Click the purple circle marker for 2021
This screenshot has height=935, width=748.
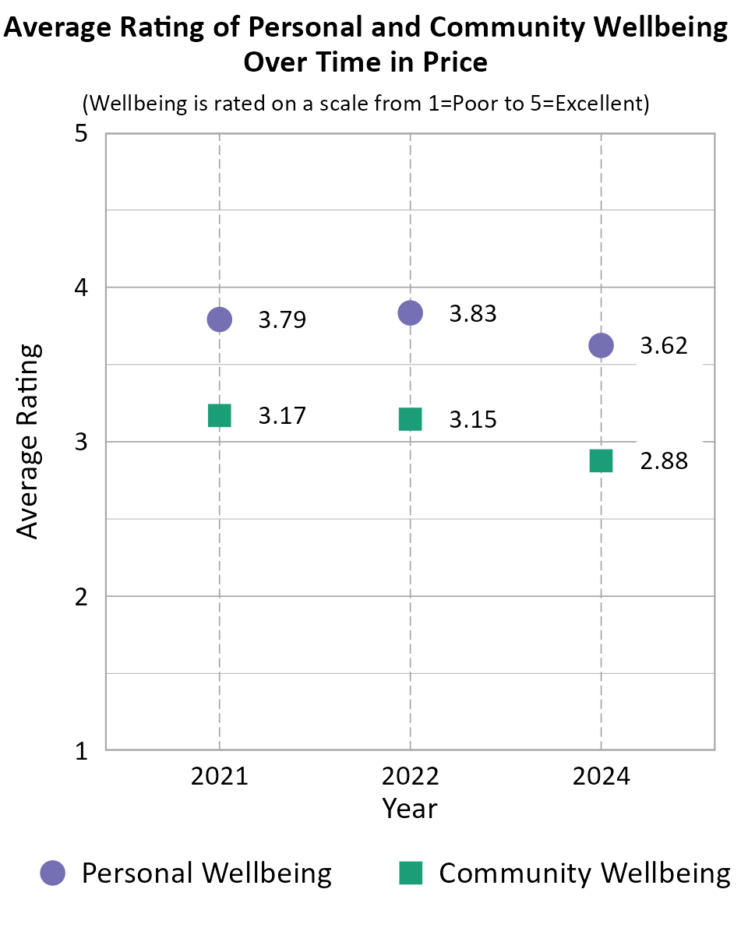(x=219, y=319)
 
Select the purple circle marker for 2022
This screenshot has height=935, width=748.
(x=410, y=312)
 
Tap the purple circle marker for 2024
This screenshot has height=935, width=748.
(x=601, y=345)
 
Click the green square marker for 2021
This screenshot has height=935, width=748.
(x=219, y=415)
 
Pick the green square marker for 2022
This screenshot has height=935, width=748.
(x=410, y=419)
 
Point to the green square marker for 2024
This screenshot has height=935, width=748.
(x=601, y=460)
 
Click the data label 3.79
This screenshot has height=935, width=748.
(x=282, y=320)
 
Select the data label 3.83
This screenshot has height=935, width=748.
(x=473, y=313)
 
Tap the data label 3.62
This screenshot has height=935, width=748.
(x=664, y=345)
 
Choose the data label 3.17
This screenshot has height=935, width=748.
(x=282, y=416)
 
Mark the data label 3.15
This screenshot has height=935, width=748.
(x=473, y=420)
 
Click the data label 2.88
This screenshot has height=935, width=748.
(x=664, y=461)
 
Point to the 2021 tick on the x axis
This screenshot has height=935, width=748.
(x=219, y=777)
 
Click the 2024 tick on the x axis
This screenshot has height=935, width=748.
(x=601, y=777)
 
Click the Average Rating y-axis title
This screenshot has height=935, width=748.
(x=28, y=441)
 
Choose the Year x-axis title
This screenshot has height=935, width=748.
(x=410, y=808)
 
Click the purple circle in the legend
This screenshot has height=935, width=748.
(x=54, y=873)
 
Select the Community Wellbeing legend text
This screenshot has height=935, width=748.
(x=584, y=873)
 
